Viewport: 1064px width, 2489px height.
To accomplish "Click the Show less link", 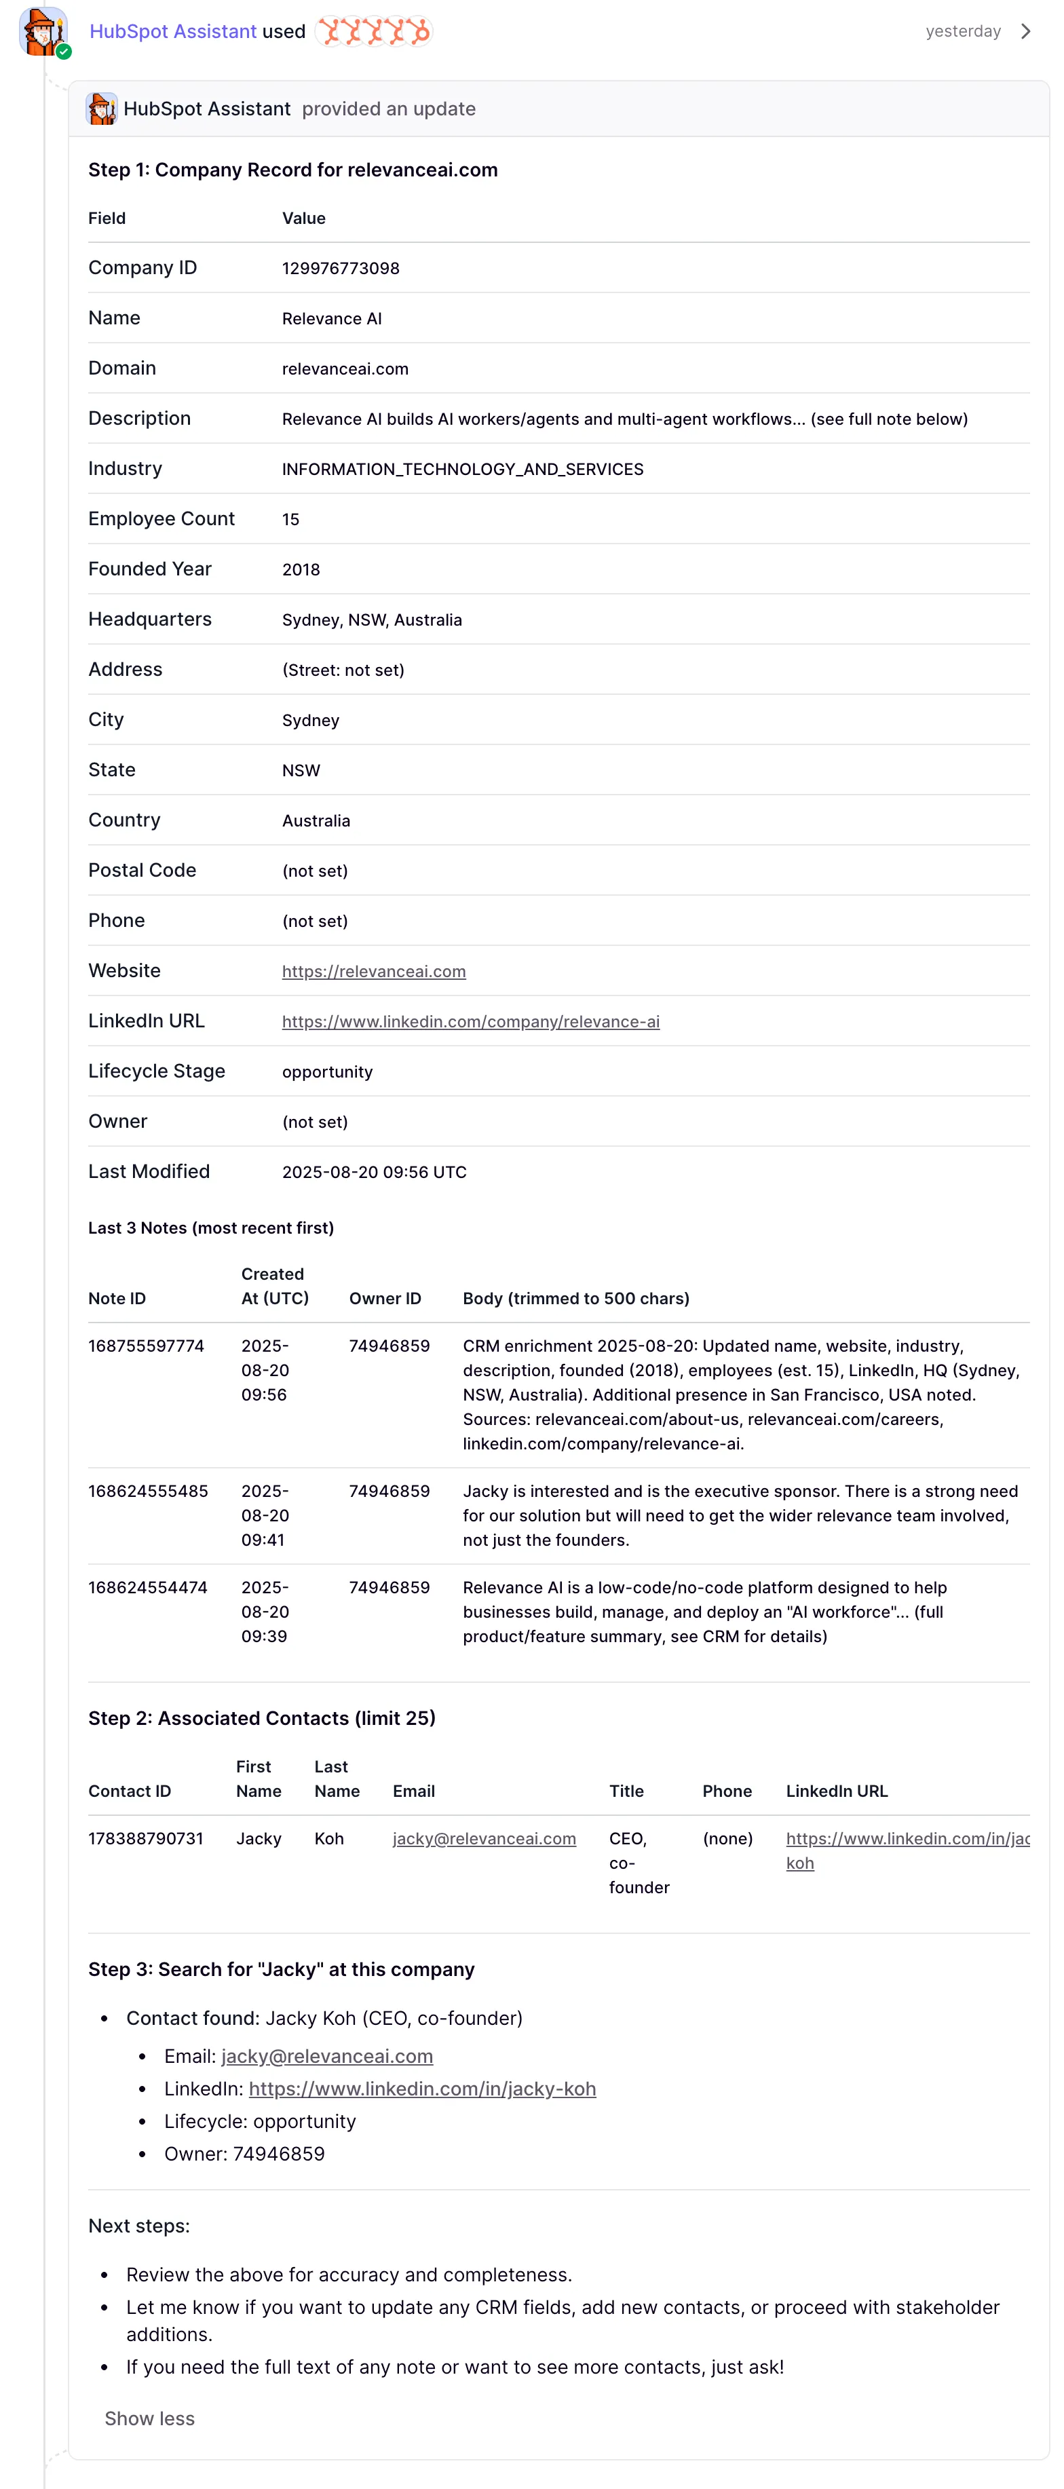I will coord(150,2418).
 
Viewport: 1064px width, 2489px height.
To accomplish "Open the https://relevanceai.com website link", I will coord(373,971).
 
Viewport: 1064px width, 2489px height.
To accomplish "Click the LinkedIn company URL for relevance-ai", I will coord(471,1021).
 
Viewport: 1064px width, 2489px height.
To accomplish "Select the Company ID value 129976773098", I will coord(340,269).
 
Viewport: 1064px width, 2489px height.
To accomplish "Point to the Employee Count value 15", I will coord(290,520).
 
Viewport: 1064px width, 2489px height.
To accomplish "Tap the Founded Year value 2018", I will coord(301,570).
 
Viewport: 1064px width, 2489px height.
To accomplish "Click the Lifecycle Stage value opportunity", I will coord(326,1071).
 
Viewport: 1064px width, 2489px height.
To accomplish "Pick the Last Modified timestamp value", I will coord(374,1172).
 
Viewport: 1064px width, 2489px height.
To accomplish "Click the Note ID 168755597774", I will coord(146,1346).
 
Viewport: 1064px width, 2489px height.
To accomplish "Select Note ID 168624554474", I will coord(148,1587).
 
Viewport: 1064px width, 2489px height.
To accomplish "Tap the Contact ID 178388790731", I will coord(146,1839).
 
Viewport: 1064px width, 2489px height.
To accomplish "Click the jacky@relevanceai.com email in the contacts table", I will coord(484,1839).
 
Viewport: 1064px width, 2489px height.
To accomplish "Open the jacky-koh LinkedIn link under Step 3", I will coord(422,2089).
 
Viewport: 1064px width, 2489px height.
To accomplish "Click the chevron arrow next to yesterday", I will coord(1025,32).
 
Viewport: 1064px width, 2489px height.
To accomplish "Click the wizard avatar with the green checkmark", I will coord(43,32).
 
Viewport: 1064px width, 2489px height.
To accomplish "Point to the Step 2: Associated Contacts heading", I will coord(262,1718).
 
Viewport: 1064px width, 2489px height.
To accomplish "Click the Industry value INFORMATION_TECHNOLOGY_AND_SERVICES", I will coord(462,470).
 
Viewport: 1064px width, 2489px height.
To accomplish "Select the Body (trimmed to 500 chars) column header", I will coord(576,1299).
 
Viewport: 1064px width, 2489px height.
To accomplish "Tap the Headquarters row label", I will coord(150,620).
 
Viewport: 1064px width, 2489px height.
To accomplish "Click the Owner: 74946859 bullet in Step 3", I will coord(244,2154).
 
